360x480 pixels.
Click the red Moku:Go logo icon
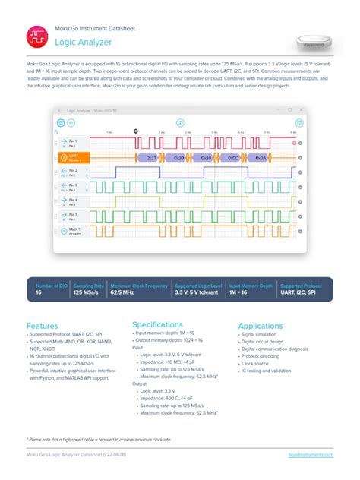(x=37, y=36)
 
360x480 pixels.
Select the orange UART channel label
(x=74, y=157)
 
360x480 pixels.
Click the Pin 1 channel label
(x=74, y=142)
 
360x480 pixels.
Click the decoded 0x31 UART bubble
(x=151, y=157)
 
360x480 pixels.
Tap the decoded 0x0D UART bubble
(x=207, y=157)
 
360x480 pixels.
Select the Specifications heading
(x=157, y=324)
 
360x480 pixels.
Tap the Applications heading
(x=261, y=326)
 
